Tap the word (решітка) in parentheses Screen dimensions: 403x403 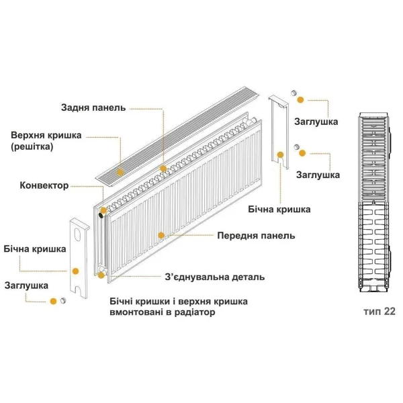pyautogui.click(x=32, y=146)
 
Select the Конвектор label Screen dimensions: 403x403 pyautogui.click(x=45, y=185)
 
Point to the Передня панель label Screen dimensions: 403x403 pyautogui.click(x=256, y=236)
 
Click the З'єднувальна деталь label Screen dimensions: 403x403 pyautogui.click(x=215, y=277)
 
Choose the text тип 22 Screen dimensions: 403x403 pyautogui.click(x=379, y=312)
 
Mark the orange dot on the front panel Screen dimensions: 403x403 pyautogui.click(x=161, y=236)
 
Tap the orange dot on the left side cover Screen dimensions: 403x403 pyautogui.click(x=75, y=271)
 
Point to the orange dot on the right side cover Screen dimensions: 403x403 pyautogui.click(x=280, y=154)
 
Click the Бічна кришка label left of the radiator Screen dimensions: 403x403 pyautogui.click(x=34, y=249)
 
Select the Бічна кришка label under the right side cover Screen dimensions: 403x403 pyautogui.click(x=279, y=210)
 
